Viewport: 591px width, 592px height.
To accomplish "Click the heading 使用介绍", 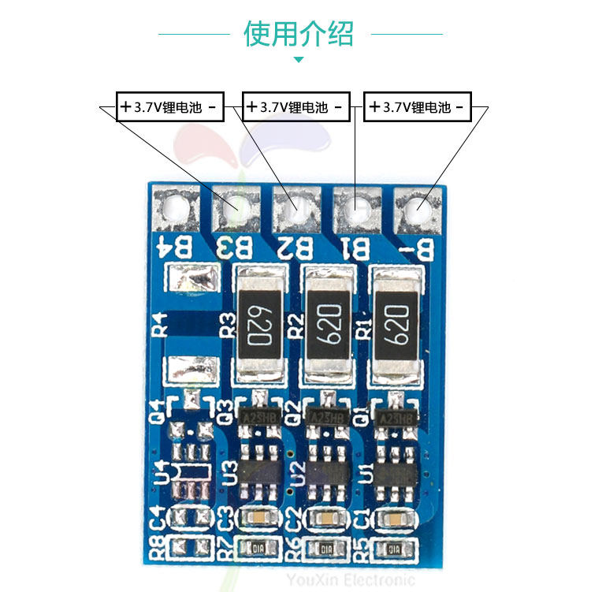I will [299, 34].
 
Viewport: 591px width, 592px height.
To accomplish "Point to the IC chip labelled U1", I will [396, 471].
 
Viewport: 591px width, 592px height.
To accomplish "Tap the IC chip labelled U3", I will [260, 471].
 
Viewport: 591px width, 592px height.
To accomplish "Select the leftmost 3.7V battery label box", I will [170, 107].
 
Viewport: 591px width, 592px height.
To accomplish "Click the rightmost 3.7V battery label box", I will [418, 107].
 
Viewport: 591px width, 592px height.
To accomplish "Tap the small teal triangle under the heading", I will [299, 59].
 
